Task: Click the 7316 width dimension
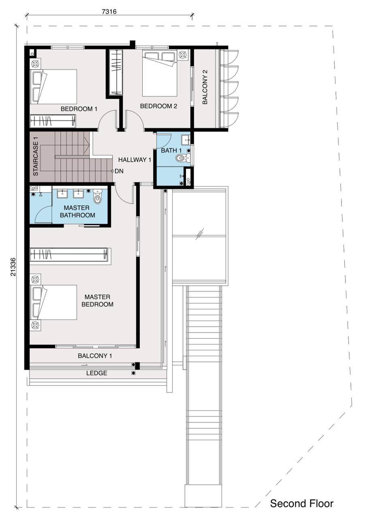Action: click(109, 11)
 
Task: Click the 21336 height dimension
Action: click(13, 267)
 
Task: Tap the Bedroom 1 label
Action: click(79, 109)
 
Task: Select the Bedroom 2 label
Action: click(158, 106)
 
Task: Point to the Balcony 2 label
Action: click(205, 87)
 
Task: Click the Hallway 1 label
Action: click(135, 159)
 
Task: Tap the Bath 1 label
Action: click(171, 150)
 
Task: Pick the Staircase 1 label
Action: click(36, 156)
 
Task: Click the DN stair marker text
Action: click(119, 171)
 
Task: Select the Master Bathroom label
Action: click(77, 211)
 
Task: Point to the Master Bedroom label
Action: click(98, 300)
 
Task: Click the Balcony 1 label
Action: click(95, 356)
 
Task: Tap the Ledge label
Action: click(97, 373)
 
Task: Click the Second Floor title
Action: click(302, 503)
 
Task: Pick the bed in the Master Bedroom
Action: click(53, 302)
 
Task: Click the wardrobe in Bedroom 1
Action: click(53, 121)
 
